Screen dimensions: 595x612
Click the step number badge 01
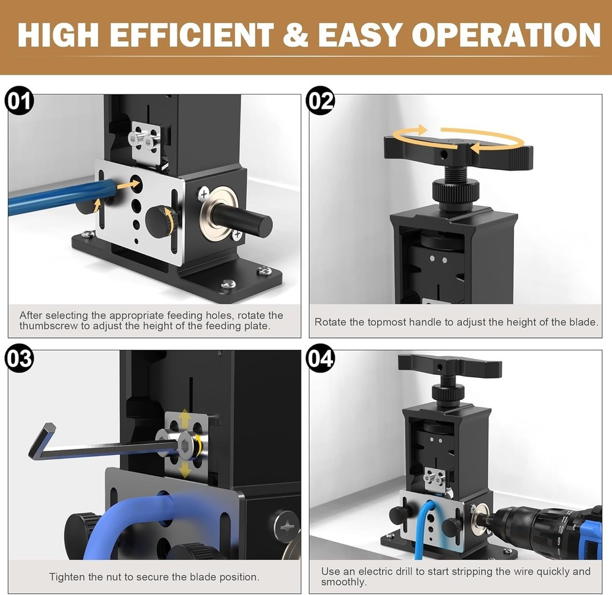click(x=20, y=102)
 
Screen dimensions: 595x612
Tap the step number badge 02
click(x=321, y=102)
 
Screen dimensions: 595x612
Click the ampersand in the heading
click(x=296, y=35)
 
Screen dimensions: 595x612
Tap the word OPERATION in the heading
click(x=506, y=35)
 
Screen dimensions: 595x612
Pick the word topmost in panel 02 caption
click(x=387, y=322)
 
